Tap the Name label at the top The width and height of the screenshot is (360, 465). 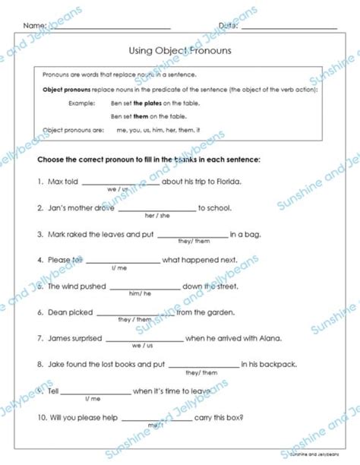click(35, 25)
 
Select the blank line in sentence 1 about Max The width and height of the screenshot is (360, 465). click(120, 182)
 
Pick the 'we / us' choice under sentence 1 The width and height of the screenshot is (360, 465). click(117, 189)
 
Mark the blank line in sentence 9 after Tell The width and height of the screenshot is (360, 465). click(94, 391)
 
